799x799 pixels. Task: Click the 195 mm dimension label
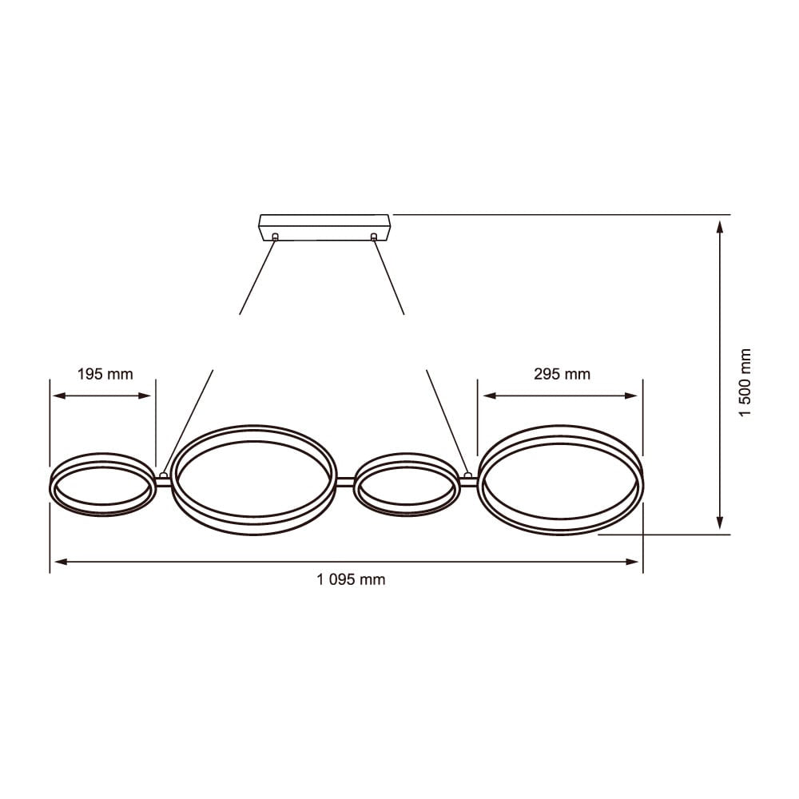click(x=105, y=374)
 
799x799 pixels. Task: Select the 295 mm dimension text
click(x=561, y=374)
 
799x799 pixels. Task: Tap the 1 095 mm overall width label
click(x=351, y=580)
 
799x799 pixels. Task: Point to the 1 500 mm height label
click(x=745, y=383)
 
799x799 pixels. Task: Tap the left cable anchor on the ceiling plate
click(x=276, y=237)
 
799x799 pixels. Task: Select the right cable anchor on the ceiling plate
click(x=373, y=237)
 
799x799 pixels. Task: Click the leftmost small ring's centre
click(x=102, y=485)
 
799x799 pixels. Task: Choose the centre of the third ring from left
click(x=407, y=485)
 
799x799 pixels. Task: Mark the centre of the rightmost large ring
click(x=560, y=479)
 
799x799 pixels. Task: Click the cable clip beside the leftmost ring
click(x=164, y=476)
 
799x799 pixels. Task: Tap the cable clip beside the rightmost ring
click(x=468, y=476)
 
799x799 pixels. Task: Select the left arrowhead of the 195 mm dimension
click(x=56, y=395)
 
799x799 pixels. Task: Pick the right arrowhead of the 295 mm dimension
click(x=634, y=395)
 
